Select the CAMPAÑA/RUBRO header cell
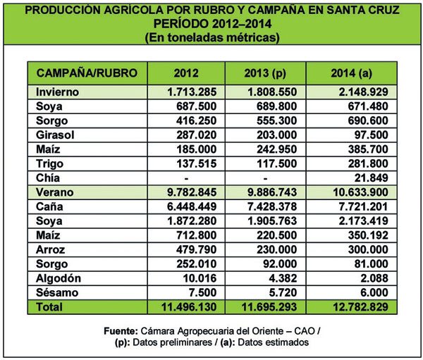[x=86, y=73]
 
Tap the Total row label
[x=49, y=306]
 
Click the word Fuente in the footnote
[x=133, y=330]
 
